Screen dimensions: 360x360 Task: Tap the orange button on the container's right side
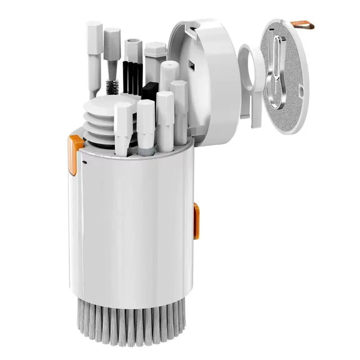coord(196,220)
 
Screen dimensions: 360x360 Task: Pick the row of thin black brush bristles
coord(132,76)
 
